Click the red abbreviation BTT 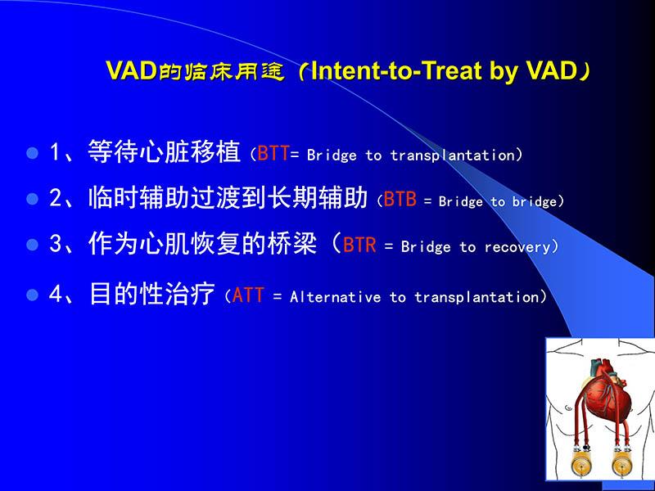pos(273,154)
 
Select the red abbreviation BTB pos(400,200)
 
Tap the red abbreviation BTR pos(360,245)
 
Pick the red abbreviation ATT pos(248,295)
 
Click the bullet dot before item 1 pos(33,153)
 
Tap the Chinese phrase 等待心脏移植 pos(164,152)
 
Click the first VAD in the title pos(131,71)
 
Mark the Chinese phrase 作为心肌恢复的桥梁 pos(202,245)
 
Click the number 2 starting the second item pos(56,199)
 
